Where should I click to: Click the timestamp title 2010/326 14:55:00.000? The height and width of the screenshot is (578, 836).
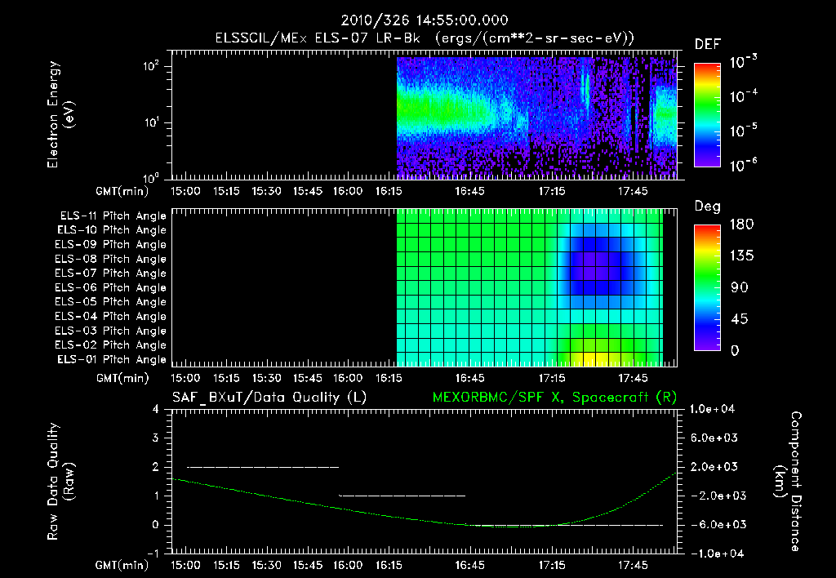click(x=417, y=19)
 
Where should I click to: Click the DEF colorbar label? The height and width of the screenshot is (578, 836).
click(x=707, y=44)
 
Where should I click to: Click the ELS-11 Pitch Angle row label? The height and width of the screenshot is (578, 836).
click(x=113, y=216)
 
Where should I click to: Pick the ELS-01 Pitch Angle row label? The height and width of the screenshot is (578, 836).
click(x=113, y=359)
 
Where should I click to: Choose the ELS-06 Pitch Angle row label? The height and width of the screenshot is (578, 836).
click(x=113, y=287)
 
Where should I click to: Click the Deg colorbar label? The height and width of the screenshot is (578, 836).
click(x=707, y=207)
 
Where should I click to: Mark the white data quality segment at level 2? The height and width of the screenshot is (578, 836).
click(x=262, y=467)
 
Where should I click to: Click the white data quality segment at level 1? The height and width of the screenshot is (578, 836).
click(x=402, y=496)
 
